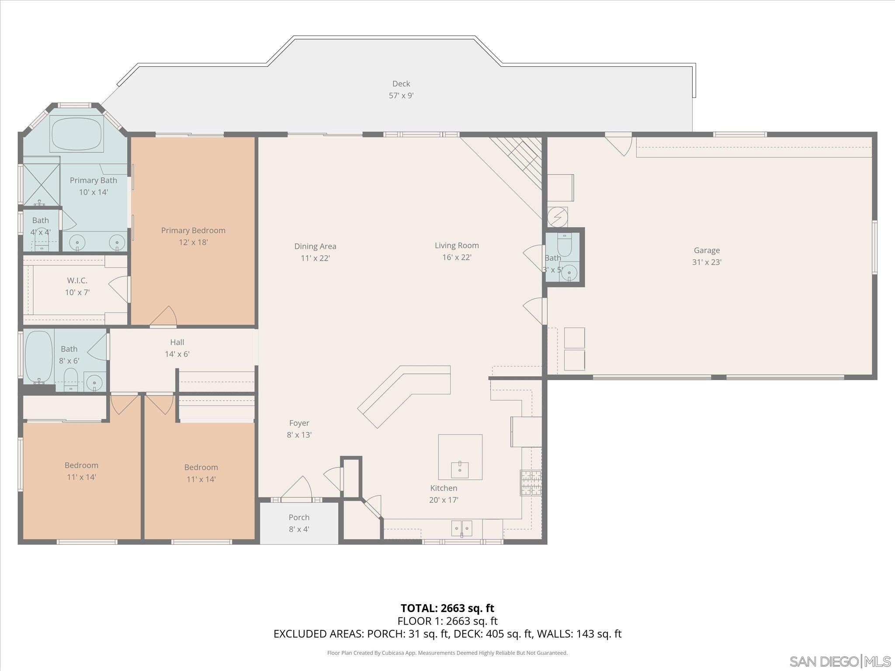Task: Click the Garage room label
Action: [706, 250]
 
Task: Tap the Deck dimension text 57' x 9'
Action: [401, 96]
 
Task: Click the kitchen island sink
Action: [460, 470]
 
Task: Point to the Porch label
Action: [299, 517]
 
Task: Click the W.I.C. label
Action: [77, 280]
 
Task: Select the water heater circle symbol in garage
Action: [558, 217]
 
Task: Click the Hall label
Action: [177, 342]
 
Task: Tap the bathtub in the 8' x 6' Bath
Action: [38, 356]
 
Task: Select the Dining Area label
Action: [315, 246]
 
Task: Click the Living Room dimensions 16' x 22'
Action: [457, 257]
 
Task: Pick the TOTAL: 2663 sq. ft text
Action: [447, 608]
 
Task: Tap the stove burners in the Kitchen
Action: [530, 483]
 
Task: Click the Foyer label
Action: [299, 423]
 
